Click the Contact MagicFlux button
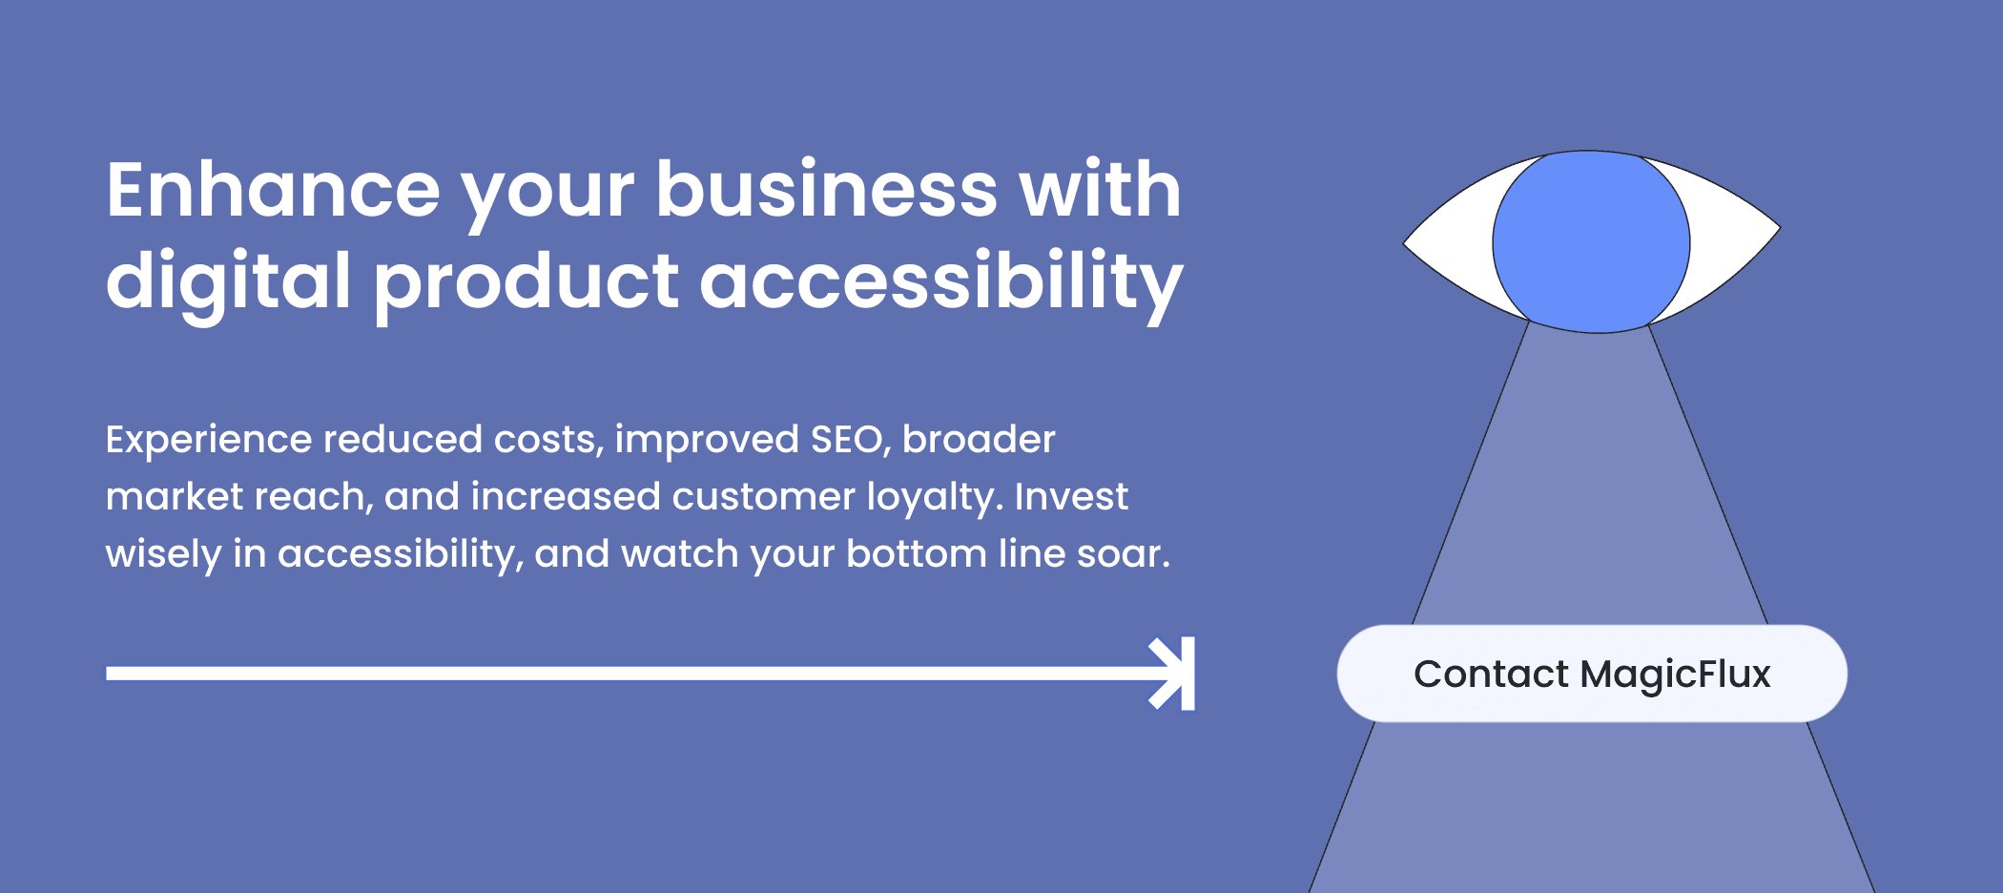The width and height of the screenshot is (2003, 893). (x=1592, y=674)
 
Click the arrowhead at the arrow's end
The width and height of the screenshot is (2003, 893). (x=1173, y=674)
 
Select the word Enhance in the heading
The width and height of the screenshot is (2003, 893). (x=274, y=190)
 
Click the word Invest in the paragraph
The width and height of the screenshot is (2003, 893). (x=1071, y=497)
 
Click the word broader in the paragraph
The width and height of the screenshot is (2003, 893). (x=979, y=440)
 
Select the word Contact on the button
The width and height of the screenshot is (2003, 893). (x=1491, y=674)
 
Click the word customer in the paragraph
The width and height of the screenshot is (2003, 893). (x=763, y=497)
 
